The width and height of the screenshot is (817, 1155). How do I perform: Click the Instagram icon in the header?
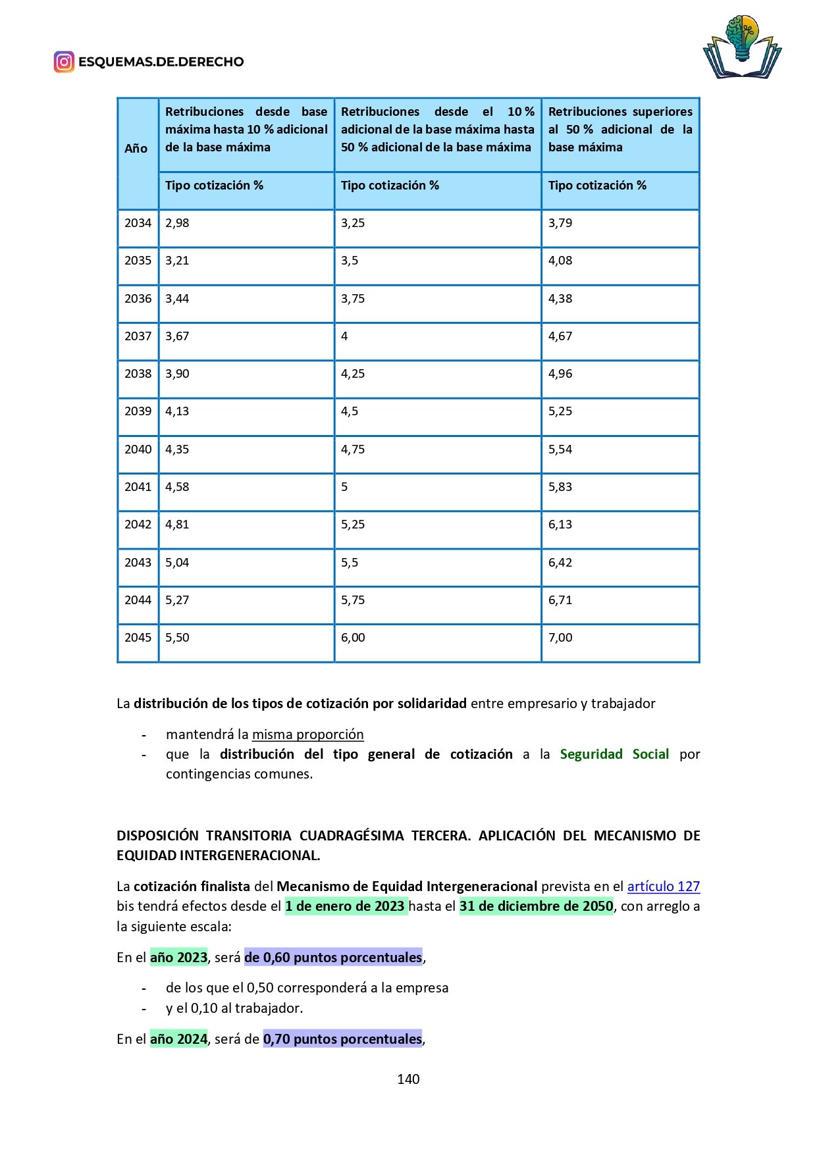[64, 62]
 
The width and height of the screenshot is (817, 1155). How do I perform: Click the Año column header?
[136, 149]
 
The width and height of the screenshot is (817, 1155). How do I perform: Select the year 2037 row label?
[138, 336]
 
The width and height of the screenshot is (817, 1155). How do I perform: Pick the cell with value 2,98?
[177, 223]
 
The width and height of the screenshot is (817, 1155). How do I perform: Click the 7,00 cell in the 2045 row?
[560, 638]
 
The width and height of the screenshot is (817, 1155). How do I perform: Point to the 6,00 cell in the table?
[353, 638]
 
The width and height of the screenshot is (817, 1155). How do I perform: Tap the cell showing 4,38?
[560, 299]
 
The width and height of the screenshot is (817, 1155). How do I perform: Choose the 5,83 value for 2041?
[560, 487]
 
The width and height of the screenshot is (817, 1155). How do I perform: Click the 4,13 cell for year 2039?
[177, 411]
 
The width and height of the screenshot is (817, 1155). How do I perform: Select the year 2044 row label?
[138, 600]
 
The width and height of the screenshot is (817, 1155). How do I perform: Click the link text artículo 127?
[663, 886]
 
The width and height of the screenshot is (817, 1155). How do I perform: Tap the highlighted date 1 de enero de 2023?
[346, 906]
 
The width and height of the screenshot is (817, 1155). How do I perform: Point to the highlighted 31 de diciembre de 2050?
[536, 906]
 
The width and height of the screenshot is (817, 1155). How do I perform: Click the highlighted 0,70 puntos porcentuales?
[342, 1039]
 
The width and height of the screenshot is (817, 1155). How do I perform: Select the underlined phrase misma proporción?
[307, 734]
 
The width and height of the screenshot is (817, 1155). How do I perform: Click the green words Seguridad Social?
[614, 754]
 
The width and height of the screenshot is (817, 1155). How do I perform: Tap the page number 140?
[408, 1079]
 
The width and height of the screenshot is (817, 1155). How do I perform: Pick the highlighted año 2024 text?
[178, 1039]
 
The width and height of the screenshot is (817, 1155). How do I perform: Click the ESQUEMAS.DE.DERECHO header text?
[161, 62]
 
